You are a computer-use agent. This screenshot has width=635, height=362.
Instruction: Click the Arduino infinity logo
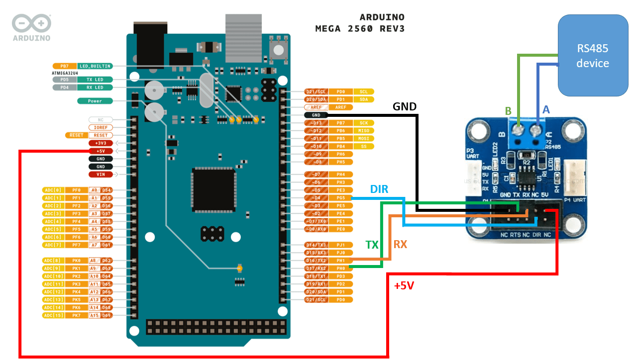pos(31,23)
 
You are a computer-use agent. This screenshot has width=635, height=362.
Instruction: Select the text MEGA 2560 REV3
pos(360,29)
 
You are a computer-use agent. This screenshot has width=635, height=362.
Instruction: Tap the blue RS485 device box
pos(592,56)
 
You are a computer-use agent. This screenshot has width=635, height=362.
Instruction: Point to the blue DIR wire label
pos(379,189)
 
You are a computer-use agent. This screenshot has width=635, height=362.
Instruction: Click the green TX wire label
pos(372,245)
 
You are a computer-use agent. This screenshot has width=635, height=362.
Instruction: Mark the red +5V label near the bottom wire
pos(404,286)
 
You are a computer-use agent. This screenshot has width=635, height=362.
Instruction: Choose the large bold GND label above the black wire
pos(405,106)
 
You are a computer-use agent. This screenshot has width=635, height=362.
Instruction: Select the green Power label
pos(95,101)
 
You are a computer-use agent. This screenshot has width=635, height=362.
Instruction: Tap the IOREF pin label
pos(101,127)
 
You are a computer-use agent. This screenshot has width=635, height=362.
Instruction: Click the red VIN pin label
pos(101,174)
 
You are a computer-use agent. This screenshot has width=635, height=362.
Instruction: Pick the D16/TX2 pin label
pos(316,260)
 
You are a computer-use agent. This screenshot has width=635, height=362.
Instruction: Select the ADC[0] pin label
pos(53,190)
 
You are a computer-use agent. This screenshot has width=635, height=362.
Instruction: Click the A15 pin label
pos(95,315)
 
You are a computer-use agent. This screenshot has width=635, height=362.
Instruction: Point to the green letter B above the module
pos(508,111)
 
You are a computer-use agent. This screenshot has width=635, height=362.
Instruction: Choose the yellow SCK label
pos(363,123)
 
